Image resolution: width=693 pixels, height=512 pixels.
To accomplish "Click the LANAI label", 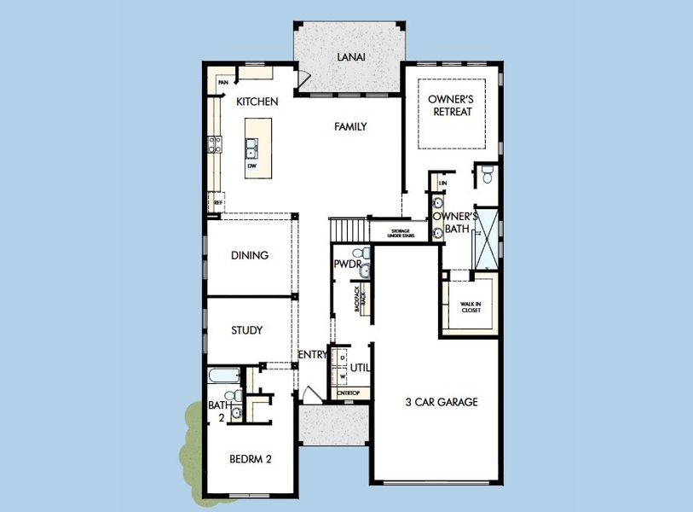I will [x=350, y=57].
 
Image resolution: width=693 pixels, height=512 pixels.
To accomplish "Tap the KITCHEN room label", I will [x=257, y=102].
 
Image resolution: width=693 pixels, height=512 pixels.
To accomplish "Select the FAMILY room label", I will [x=350, y=126].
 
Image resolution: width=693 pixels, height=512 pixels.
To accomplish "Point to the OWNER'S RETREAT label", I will [x=451, y=106].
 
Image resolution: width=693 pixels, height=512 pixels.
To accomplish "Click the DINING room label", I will [x=250, y=255].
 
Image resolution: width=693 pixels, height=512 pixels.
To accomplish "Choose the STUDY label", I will [x=247, y=330].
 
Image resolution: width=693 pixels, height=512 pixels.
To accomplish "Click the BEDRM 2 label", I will [x=251, y=459].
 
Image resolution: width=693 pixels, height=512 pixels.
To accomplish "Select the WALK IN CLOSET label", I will [x=471, y=307].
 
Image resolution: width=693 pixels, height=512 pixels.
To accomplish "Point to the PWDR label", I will [x=345, y=265].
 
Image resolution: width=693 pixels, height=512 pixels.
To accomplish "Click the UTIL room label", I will [x=360, y=368].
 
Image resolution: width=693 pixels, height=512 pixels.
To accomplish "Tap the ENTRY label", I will [x=312, y=355].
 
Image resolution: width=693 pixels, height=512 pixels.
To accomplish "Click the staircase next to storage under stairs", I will [x=347, y=230].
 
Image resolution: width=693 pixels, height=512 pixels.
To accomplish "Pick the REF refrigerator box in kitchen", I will [x=218, y=202].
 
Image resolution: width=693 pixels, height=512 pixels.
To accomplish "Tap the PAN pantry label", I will [x=223, y=83].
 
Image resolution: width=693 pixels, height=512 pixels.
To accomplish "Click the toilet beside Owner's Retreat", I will [x=488, y=175].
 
